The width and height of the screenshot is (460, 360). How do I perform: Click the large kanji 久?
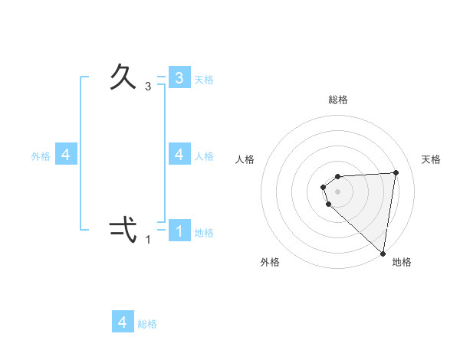(123, 77)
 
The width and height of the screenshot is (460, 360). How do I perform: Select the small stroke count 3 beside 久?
(148, 87)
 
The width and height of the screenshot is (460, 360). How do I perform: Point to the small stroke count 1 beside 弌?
(148, 240)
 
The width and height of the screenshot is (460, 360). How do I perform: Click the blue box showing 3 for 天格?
(179, 77)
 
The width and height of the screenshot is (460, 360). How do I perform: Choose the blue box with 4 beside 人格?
(179, 154)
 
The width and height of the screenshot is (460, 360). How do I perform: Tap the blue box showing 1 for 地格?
(179, 230)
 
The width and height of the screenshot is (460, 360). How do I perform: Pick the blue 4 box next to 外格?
(66, 155)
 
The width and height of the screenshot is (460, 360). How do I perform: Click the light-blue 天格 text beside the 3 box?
(204, 79)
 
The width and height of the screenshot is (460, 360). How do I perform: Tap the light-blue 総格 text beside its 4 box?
(147, 324)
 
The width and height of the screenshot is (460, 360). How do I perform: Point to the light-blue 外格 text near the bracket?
(41, 156)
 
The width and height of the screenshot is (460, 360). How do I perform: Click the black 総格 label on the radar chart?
(338, 100)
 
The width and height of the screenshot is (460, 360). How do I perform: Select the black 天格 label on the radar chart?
(431, 159)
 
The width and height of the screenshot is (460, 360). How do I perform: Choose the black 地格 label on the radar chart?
(402, 262)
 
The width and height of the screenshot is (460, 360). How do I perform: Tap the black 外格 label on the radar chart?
(270, 262)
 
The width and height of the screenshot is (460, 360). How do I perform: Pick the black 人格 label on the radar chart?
(245, 159)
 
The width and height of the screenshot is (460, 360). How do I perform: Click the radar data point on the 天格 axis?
(396, 172)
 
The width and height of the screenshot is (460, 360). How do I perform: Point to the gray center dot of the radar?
(338, 191)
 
